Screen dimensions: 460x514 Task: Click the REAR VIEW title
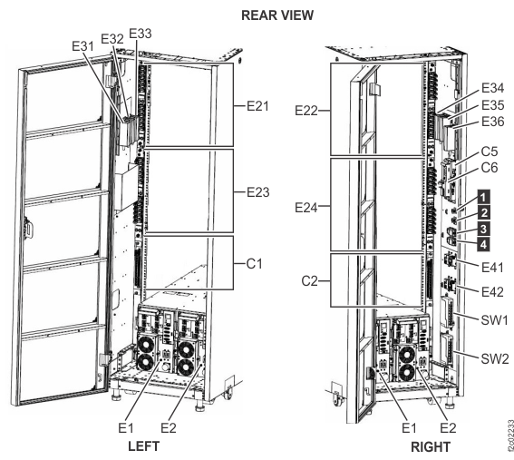[x=258, y=15]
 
